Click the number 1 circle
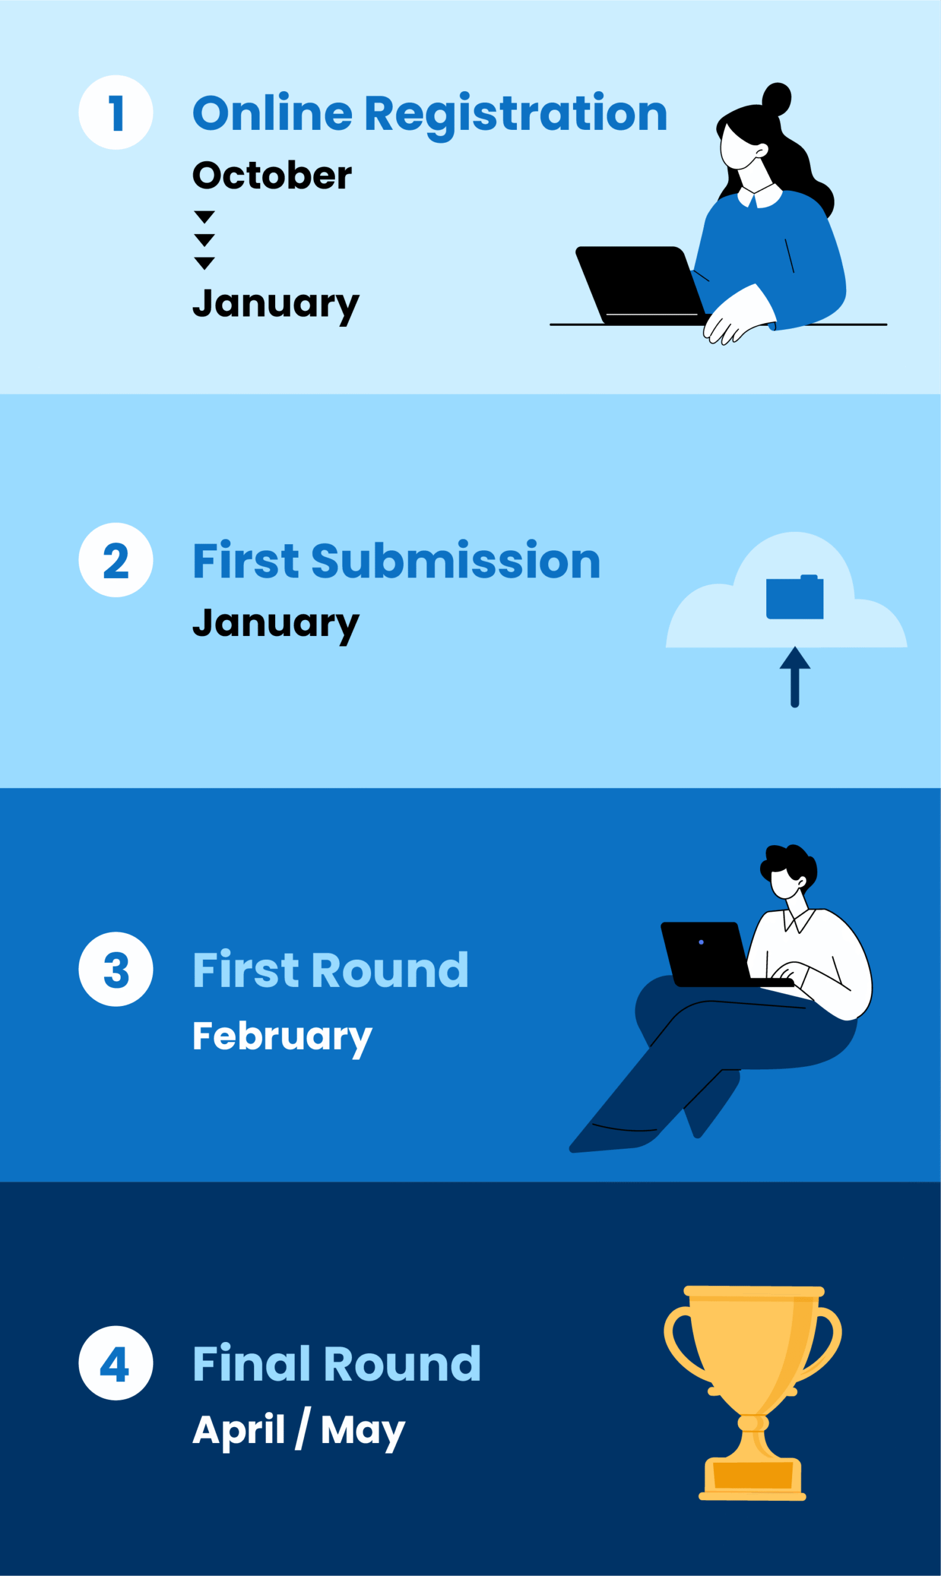[x=116, y=112]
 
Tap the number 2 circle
[x=116, y=560]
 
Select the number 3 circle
[x=116, y=969]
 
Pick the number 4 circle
[x=116, y=1363]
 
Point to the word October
[x=272, y=175]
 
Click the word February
[x=282, y=1038]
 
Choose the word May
[x=362, y=1431]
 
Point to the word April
[x=238, y=1431]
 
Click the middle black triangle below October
[x=204, y=239]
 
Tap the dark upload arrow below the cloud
[x=795, y=677]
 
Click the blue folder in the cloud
[x=795, y=597]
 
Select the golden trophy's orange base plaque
[x=753, y=1474]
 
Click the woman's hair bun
[x=776, y=99]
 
